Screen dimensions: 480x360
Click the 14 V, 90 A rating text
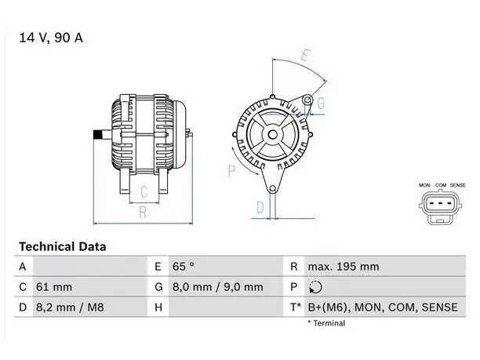coord(51,38)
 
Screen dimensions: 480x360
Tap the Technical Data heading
coord(63,247)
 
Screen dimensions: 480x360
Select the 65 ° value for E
coord(183,267)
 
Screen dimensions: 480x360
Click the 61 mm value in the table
coord(54,287)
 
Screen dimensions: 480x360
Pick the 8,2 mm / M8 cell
coord(70,307)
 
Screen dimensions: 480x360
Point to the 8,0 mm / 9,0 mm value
coord(218,287)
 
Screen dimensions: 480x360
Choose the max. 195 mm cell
coord(344,267)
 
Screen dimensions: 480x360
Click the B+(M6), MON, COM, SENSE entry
coord(383,307)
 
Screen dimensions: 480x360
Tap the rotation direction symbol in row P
coord(315,287)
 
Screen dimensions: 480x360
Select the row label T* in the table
coord(296,307)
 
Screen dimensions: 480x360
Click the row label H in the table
coord(158,307)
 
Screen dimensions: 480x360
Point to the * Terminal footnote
coord(326,323)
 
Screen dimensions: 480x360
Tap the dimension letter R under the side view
coord(143,213)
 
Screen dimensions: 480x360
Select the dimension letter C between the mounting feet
coord(144,192)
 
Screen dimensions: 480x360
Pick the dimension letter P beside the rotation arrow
coord(231,171)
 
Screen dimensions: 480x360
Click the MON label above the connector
coord(424,185)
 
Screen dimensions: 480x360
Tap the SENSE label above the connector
coord(458,185)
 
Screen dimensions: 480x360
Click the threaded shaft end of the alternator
coord(98,135)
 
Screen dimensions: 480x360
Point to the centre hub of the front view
coord(272,135)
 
